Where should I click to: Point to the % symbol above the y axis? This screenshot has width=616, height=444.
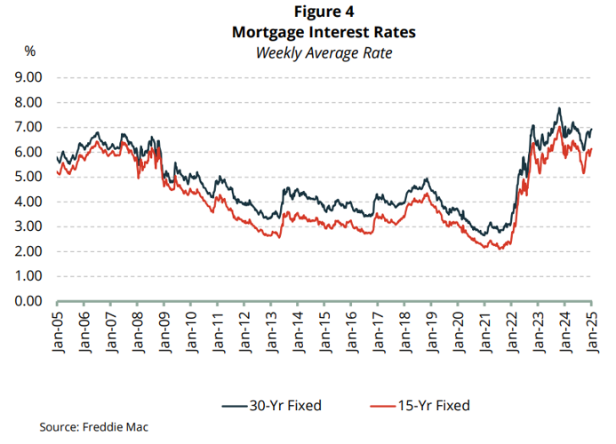(x=29, y=52)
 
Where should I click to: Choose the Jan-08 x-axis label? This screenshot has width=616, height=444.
(x=138, y=330)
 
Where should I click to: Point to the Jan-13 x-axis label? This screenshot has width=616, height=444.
(x=271, y=330)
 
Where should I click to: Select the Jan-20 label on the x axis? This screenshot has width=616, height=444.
(x=459, y=330)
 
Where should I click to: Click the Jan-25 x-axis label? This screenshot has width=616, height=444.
(x=592, y=330)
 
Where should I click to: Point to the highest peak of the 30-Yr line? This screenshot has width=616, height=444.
(x=558, y=108)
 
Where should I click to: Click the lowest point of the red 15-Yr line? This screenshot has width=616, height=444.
(x=500, y=250)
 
